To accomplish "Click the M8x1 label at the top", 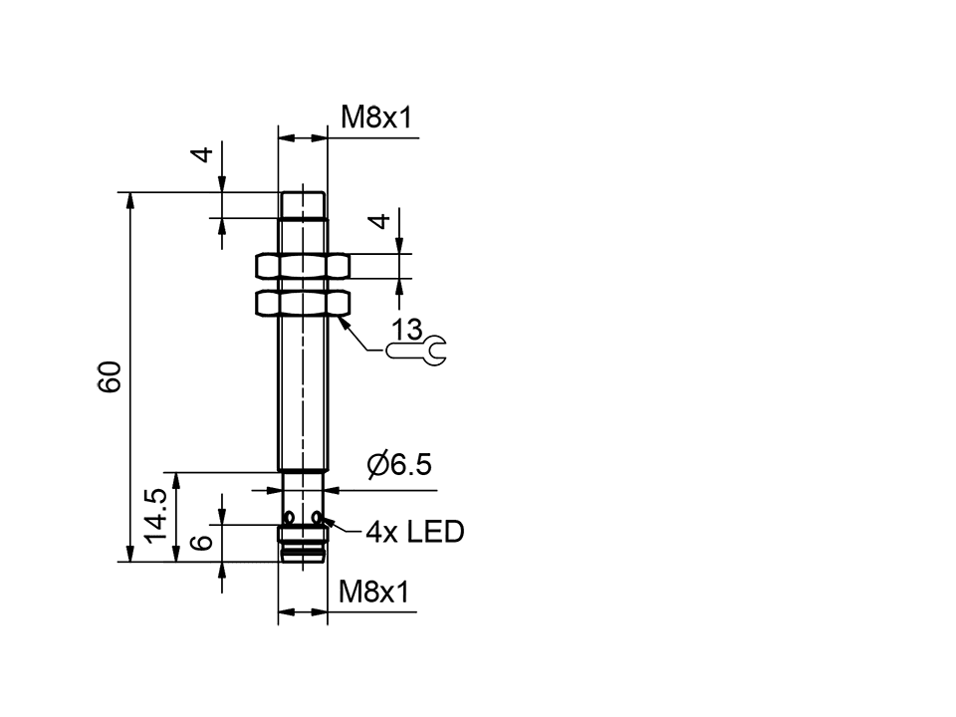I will tap(375, 119).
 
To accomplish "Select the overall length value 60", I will tap(110, 376).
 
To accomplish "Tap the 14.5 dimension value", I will tap(155, 516).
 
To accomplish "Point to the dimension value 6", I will tap(201, 542).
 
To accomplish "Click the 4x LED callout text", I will tap(414, 532).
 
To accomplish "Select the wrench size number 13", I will tap(406, 329).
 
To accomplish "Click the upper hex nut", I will tap(303, 266).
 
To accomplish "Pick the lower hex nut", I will tap(303, 302).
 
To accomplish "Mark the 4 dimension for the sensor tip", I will tap(202, 155).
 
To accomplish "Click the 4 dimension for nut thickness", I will tap(379, 221).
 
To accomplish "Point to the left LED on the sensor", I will tap(288, 519).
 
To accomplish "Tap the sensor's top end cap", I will tap(303, 204).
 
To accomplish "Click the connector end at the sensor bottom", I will tap(303, 548).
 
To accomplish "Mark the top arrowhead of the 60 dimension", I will tap(129, 199).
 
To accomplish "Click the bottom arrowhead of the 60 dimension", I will tap(129, 554).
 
